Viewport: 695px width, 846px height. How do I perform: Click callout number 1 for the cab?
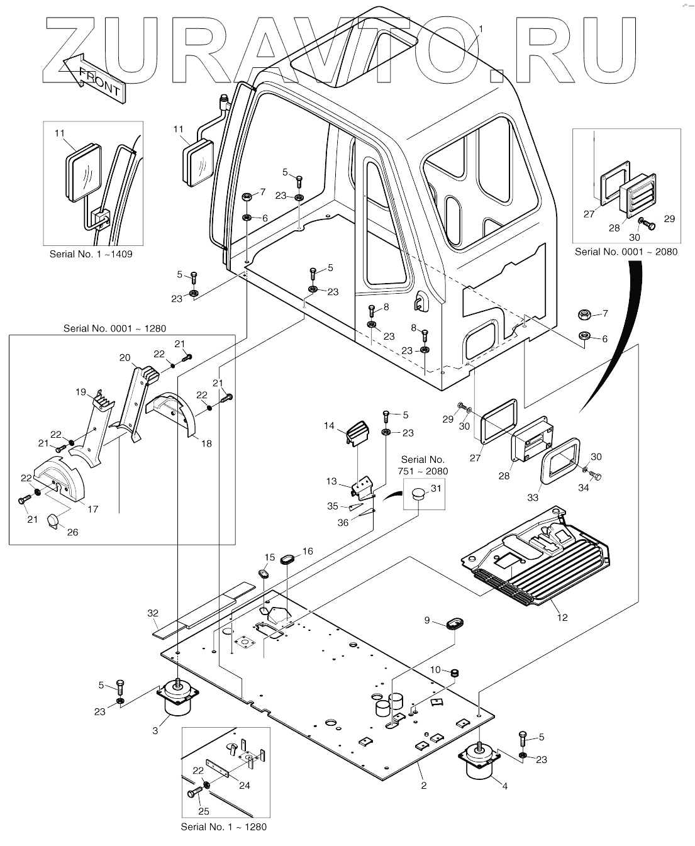[x=481, y=29]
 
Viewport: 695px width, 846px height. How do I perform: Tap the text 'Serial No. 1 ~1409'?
[x=91, y=254]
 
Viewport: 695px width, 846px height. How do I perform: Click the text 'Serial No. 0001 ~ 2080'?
[x=626, y=252]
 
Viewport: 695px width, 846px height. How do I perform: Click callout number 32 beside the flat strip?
[x=153, y=613]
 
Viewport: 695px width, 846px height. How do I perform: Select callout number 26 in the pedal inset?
[x=72, y=532]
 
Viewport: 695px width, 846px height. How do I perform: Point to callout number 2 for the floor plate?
[x=424, y=786]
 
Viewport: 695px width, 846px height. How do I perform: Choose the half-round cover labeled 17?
[x=59, y=479]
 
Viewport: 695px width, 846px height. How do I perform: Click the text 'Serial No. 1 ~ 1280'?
[x=223, y=827]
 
